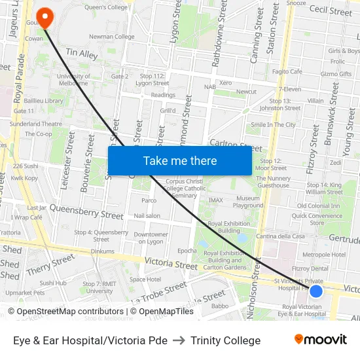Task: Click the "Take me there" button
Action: point(180,160)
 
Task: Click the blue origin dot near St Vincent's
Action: point(316,291)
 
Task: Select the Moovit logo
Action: point(321,339)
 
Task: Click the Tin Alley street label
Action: point(81,54)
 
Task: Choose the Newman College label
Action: point(111,37)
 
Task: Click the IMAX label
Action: point(215,200)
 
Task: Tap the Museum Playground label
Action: point(248,202)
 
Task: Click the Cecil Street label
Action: point(331,10)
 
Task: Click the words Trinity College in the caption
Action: point(225,340)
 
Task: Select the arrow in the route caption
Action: point(179,340)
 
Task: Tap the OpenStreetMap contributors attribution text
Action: point(65,312)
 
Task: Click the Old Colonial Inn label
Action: point(318,206)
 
